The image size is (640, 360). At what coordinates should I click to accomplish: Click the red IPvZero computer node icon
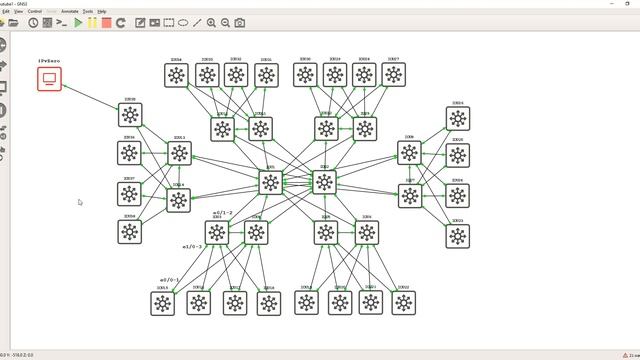point(49,78)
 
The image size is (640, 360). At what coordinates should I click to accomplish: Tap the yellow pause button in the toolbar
point(92,22)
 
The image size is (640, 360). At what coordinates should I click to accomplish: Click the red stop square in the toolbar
point(106,22)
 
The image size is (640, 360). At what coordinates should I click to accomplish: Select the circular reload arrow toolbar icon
point(121,22)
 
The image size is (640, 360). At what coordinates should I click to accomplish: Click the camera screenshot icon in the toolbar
point(240,22)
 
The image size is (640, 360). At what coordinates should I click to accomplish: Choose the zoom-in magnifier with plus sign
point(211,22)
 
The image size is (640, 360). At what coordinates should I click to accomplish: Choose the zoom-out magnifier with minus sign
point(225,22)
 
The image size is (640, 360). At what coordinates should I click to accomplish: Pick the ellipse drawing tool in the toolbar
point(183,22)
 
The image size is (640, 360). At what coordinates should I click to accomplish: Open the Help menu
point(103,11)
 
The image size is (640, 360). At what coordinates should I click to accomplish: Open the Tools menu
point(88,11)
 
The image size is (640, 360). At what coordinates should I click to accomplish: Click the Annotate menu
point(69,11)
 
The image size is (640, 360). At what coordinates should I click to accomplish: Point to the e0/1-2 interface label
point(223,212)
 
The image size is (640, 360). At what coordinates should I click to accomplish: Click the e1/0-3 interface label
point(191,246)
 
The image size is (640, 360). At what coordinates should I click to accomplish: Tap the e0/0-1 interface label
point(170,280)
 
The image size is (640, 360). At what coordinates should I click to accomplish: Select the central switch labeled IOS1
point(270,182)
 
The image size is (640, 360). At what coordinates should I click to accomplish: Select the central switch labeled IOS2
point(324,182)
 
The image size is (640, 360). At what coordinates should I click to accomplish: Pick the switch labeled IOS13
point(179,153)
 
